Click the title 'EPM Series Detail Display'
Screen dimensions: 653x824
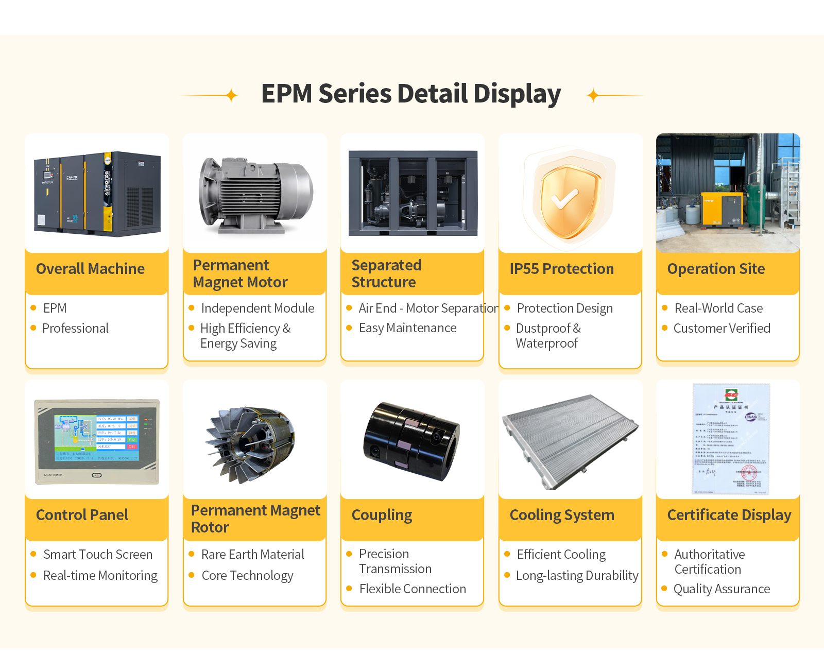pyautogui.click(x=410, y=94)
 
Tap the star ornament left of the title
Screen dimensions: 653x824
pyautogui.click(x=232, y=95)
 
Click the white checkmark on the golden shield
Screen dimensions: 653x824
pyautogui.click(x=565, y=198)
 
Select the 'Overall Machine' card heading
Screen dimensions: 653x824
pyautogui.click(x=90, y=269)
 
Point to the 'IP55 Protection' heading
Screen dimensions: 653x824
pyautogui.click(x=561, y=269)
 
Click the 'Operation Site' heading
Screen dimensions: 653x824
pyautogui.click(x=716, y=269)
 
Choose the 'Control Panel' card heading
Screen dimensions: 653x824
pyautogui.click(x=82, y=515)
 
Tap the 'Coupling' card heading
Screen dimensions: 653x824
pyautogui.click(x=382, y=515)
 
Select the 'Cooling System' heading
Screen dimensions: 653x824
pyautogui.click(x=562, y=515)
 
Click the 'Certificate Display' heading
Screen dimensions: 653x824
pyautogui.click(x=729, y=515)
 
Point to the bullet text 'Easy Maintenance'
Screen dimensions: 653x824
pyautogui.click(x=407, y=328)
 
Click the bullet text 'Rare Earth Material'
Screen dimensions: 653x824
pyautogui.click(x=252, y=555)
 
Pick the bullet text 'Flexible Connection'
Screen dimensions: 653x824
pyautogui.click(x=413, y=589)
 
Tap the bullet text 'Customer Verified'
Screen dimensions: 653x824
pyautogui.click(x=722, y=329)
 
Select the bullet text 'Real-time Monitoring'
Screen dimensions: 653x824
pyautogui.click(x=100, y=576)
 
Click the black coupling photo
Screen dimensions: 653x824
pyautogui.click(x=411, y=441)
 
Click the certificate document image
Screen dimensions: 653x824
pyautogui.click(x=731, y=439)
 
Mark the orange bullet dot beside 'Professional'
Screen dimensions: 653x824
pyautogui.click(x=33, y=328)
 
